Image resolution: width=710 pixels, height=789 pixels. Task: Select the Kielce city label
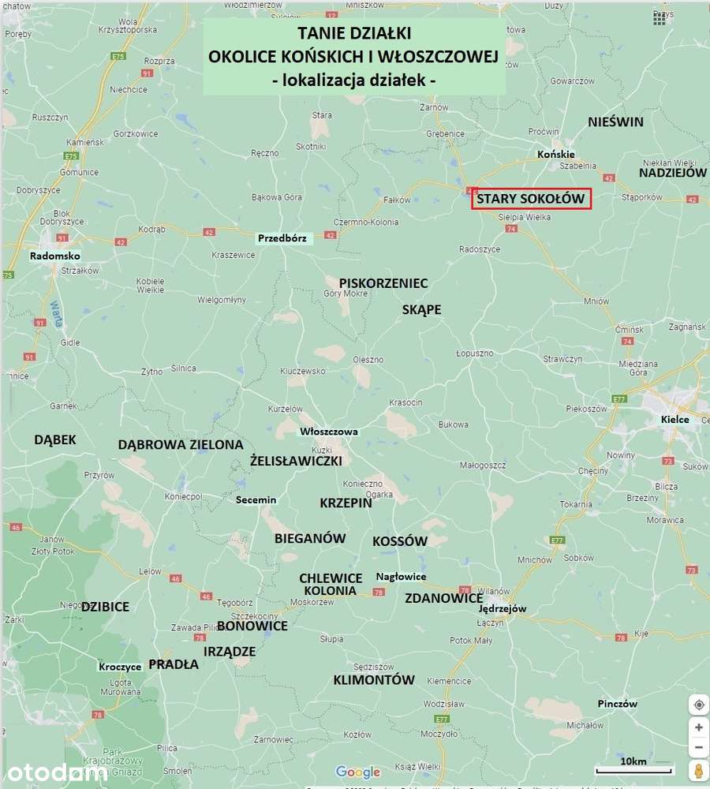[675, 419]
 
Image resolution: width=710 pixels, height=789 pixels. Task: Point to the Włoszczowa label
[329, 432]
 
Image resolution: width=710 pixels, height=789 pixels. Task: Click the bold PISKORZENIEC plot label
[383, 282]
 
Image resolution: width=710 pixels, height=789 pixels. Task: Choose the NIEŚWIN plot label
[616, 122]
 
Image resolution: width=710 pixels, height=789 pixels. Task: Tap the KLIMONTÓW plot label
[374, 679]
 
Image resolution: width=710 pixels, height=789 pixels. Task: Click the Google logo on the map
[358, 772]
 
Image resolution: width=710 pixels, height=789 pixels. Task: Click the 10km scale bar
[633, 767]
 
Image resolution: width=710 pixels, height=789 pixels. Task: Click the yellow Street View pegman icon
[698, 769]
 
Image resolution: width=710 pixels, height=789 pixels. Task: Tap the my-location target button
[698, 705]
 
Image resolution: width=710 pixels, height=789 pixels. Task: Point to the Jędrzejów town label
[503, 608]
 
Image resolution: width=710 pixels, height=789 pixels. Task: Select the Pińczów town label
[617, 704]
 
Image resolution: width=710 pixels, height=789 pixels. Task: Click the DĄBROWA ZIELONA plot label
[181, 444]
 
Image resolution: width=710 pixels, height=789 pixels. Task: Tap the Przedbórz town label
[286, 237]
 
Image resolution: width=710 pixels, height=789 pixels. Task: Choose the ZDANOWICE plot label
[443, 598]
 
